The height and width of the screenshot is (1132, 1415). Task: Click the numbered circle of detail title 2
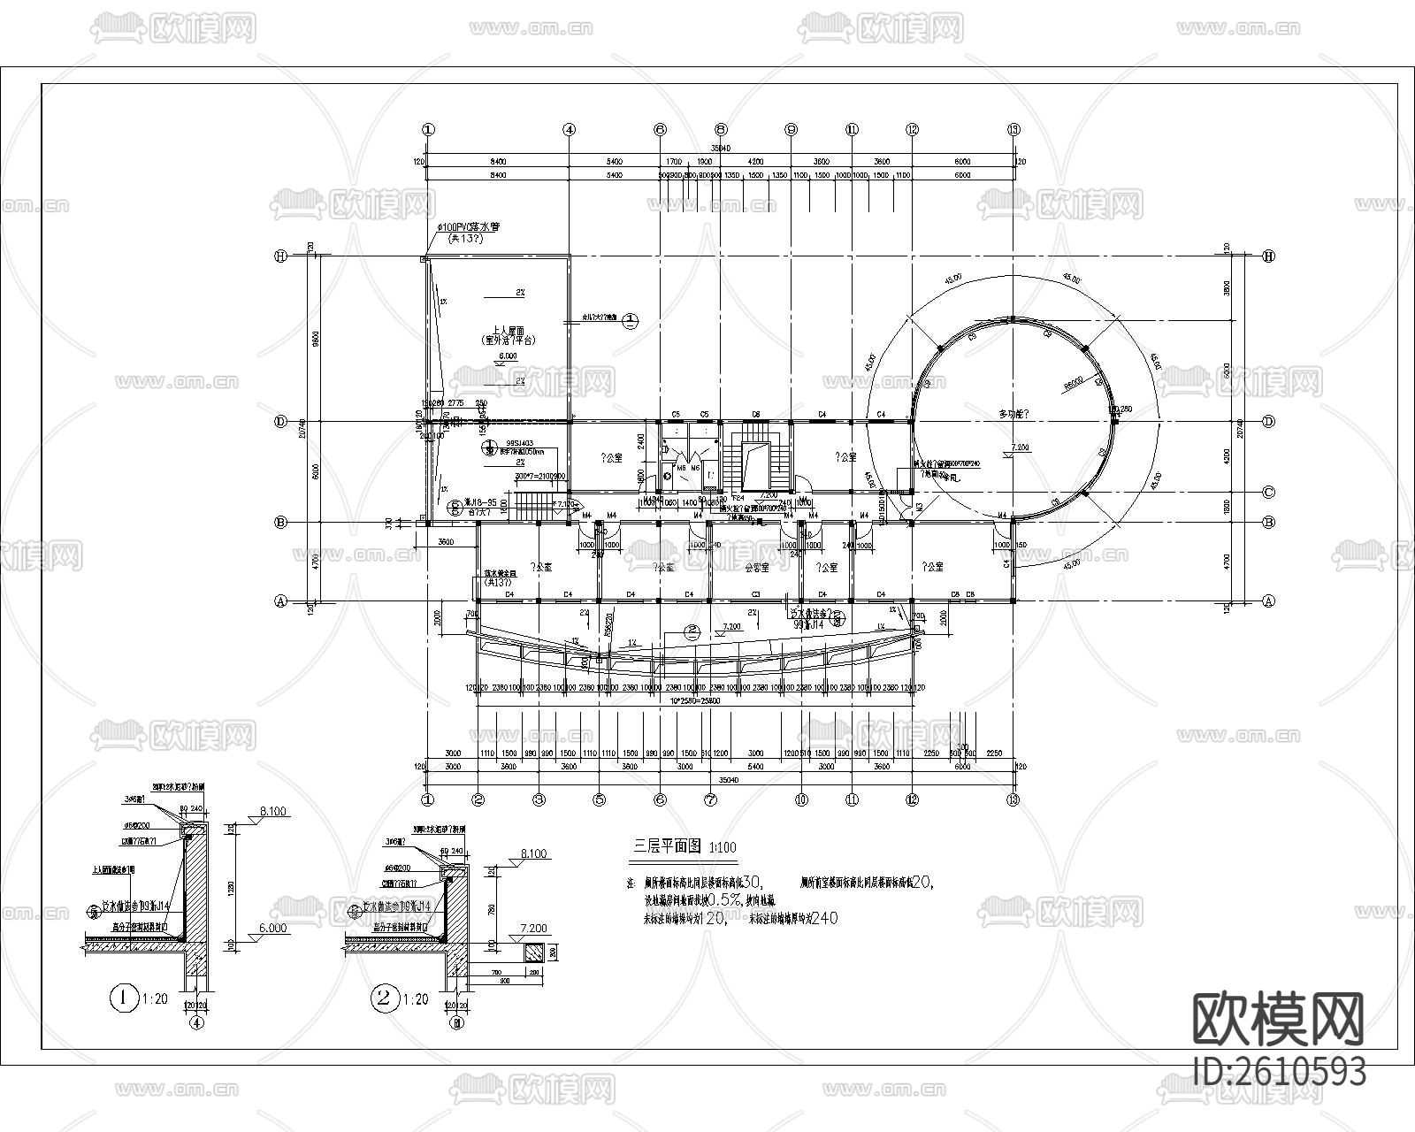coord(384,999)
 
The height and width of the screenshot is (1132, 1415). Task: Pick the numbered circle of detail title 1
coord(122,999)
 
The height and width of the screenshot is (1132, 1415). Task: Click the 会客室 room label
coord(757,567)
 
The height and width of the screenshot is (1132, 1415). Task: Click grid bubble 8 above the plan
coord(721,129)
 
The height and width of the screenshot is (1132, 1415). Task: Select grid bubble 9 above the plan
coord(791,129)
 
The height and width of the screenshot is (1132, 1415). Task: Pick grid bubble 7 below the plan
coord(709,799)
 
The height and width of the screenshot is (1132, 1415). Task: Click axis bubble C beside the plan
coord(1269,493)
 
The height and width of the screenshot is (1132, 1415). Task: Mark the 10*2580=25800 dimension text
coord(695,700)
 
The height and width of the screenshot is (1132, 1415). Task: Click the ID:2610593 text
coord(1279,1071)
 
